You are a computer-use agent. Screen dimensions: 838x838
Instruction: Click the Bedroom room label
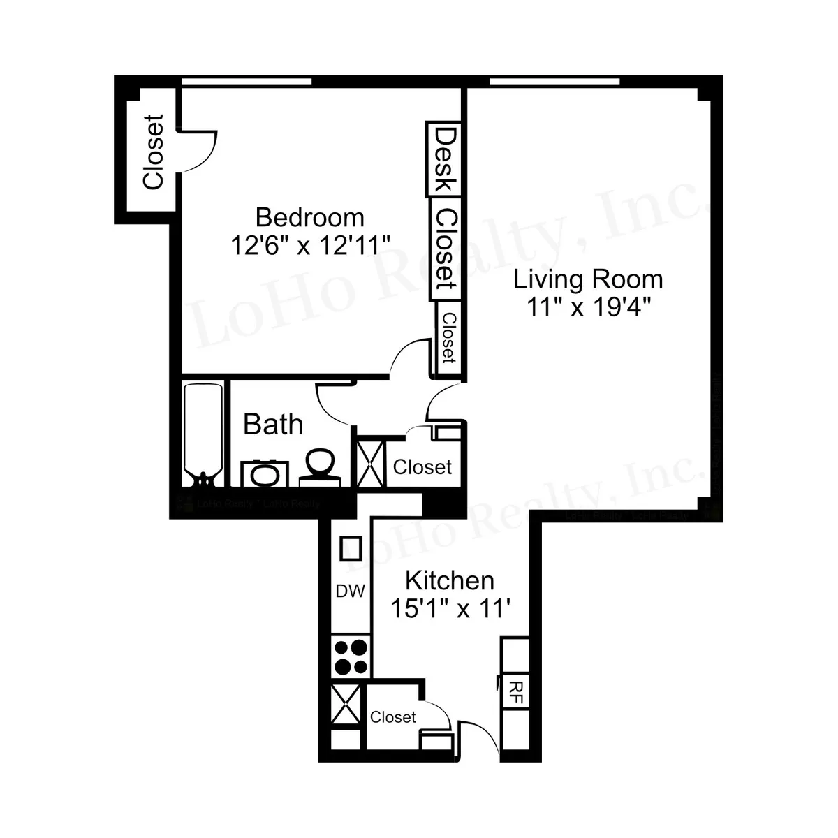309,217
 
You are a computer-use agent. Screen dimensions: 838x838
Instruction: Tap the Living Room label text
588,279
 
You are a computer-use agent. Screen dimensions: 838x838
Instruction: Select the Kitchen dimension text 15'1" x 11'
450,608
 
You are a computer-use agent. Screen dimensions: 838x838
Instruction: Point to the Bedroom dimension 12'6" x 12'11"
309,245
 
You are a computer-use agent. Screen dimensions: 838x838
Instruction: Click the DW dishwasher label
350,591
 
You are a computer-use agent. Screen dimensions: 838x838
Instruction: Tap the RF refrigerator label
516,693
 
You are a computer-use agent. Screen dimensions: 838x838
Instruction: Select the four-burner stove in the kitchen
351,657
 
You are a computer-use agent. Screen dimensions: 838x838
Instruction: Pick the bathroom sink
265,474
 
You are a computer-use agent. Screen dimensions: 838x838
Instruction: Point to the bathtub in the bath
203,433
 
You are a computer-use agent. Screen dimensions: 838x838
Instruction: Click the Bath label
273,424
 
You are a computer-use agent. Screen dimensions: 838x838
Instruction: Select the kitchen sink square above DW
350,548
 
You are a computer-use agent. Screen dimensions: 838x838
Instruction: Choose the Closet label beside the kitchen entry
392,717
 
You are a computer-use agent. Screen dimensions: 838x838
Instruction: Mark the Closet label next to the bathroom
422,466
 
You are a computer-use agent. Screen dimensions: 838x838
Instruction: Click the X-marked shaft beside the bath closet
371,464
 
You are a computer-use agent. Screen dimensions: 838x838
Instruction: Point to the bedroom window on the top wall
247,82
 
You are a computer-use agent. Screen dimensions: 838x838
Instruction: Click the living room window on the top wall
554,82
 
